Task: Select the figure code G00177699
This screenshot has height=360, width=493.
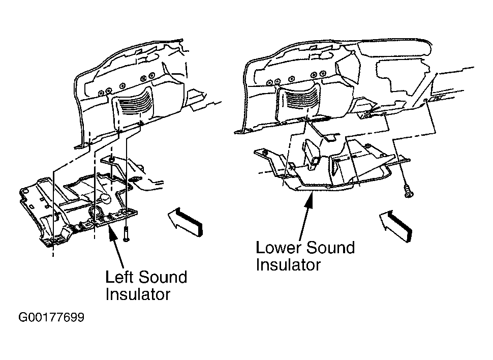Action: coord(51,317)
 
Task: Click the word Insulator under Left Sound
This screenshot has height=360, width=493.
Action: coord(138,294)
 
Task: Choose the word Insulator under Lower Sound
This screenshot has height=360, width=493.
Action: coord(288,264)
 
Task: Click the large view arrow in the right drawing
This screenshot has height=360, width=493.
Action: coord(395,226)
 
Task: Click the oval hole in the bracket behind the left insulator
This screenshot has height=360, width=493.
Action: coord(136,180)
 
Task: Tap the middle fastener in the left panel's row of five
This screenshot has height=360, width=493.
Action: coord(122,85)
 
